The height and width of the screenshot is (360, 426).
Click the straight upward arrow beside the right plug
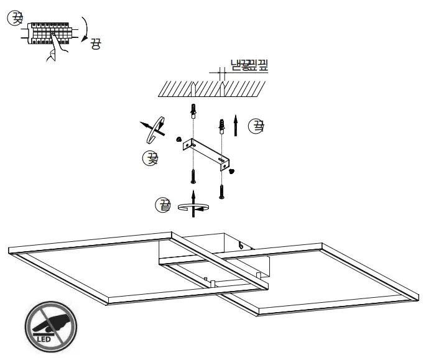coord(235,125)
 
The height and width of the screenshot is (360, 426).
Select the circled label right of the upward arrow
coord(256,127)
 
